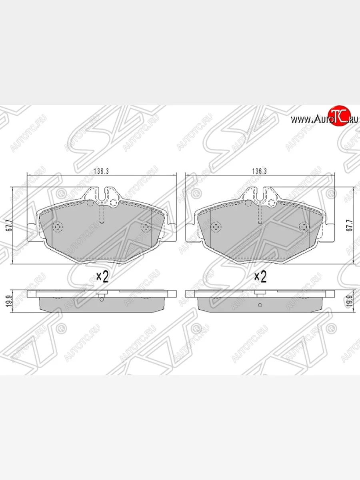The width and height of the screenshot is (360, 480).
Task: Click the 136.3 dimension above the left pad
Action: pos(101,171)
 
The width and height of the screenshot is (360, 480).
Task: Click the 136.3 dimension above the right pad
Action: pos(259,171)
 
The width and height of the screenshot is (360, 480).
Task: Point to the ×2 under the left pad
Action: pos(102,276)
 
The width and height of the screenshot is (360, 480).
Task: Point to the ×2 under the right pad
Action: pos(260,276)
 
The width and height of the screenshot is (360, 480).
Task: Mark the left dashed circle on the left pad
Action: pos(58,227)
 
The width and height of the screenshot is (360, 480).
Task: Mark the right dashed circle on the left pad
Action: pos(146,227)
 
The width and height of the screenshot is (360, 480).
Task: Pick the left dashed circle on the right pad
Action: pos(216,227)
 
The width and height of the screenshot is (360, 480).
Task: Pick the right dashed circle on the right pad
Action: pos(304,227)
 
